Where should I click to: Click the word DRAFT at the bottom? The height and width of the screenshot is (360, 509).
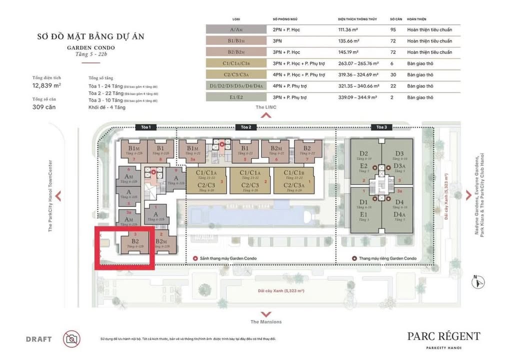click(38, 339)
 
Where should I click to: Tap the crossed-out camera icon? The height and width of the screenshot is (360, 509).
click(71, 338)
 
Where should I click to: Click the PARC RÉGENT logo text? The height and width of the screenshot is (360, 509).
click(443, 336)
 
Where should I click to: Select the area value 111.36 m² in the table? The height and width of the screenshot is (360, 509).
click(349, 29)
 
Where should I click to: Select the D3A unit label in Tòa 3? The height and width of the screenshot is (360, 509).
click(399, 165)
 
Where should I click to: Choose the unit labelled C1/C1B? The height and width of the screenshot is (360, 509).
click(293, 173)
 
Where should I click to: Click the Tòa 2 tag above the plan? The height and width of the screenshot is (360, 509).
click(245, 127)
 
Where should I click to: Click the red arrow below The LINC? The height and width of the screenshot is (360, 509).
click(266, 115)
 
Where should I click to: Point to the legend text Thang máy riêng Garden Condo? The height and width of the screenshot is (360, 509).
click(387, 258)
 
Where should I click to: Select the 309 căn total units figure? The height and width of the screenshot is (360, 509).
click(43, 106)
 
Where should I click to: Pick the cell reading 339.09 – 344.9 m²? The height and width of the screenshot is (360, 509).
click(357, 97)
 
